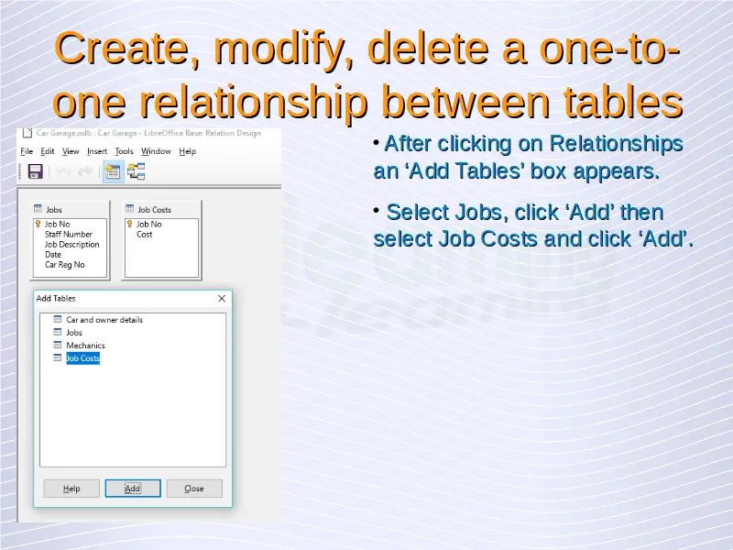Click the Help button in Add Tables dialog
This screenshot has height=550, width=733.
(71, 489)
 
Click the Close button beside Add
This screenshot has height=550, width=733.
(194, 489)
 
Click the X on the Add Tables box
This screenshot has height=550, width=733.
(222, 299)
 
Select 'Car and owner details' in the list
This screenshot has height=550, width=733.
(104, 320)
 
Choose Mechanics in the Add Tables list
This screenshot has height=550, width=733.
(85, 346)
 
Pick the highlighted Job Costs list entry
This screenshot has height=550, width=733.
(82, 358)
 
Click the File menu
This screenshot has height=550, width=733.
(27, 151)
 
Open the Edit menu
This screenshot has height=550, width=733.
(48, 151)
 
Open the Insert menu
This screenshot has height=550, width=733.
(97, 151)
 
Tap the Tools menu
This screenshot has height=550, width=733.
(124, 151)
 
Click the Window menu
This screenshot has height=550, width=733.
(156, 151)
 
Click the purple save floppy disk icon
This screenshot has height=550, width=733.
(36, 171)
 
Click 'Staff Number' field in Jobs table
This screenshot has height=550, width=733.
(68, 235)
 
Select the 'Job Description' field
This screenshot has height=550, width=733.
(72, 245)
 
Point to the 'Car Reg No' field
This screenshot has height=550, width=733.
(64, 265)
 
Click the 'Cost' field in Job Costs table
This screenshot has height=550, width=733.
(144, 235)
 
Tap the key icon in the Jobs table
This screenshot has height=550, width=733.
(38, 224)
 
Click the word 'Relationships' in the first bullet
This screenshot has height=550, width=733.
(616, 144)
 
